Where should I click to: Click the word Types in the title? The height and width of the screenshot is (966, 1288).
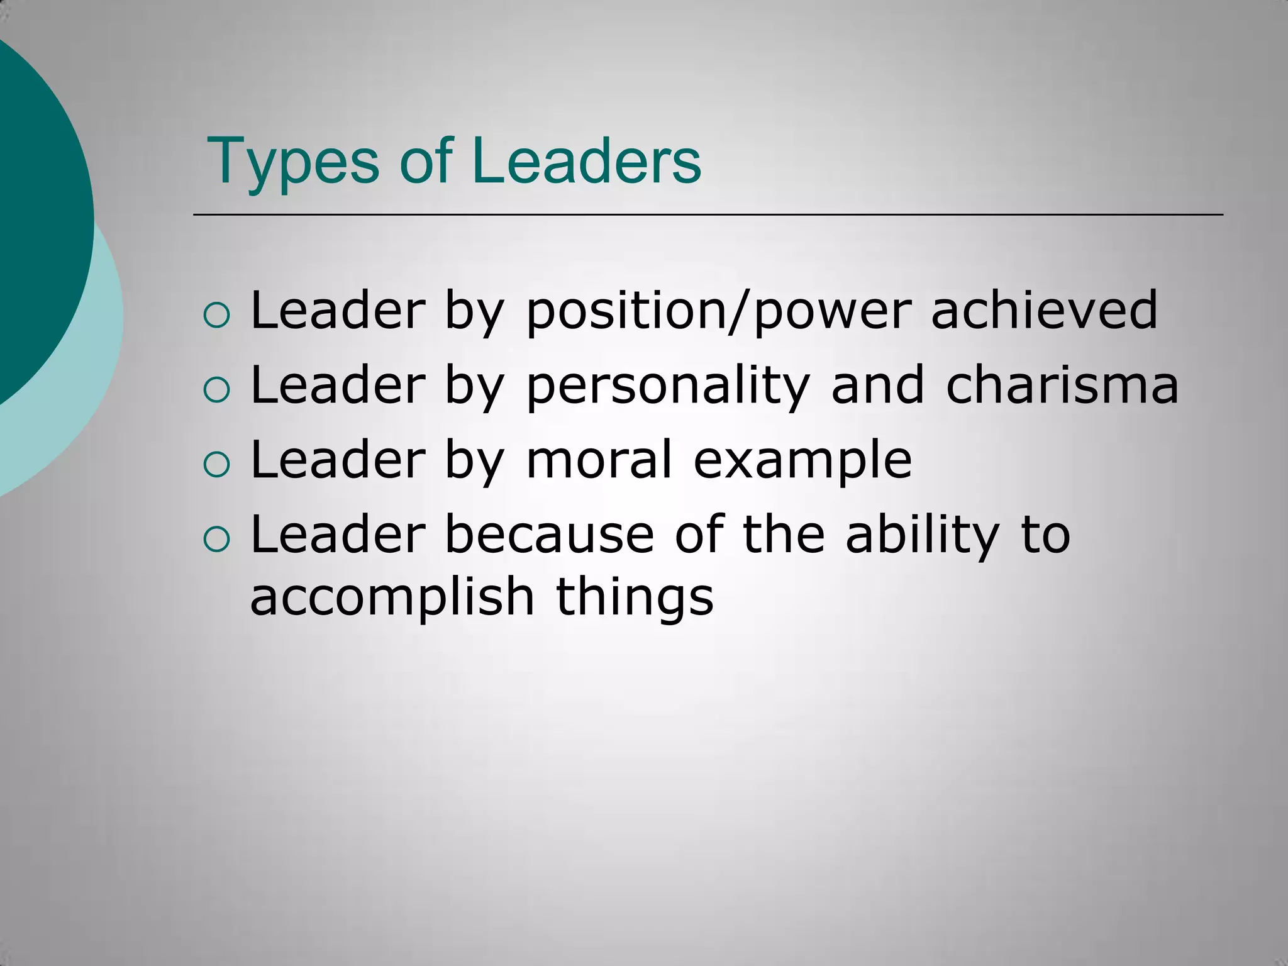coord(293,162)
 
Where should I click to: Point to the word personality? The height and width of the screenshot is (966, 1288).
coord(667,386)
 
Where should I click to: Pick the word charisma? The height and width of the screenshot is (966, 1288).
coord(1062,384)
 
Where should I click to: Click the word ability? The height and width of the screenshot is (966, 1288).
coord(922,535)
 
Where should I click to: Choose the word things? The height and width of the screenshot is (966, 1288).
coord(635,597)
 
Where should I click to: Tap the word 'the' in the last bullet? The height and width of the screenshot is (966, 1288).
coord(783,534)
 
